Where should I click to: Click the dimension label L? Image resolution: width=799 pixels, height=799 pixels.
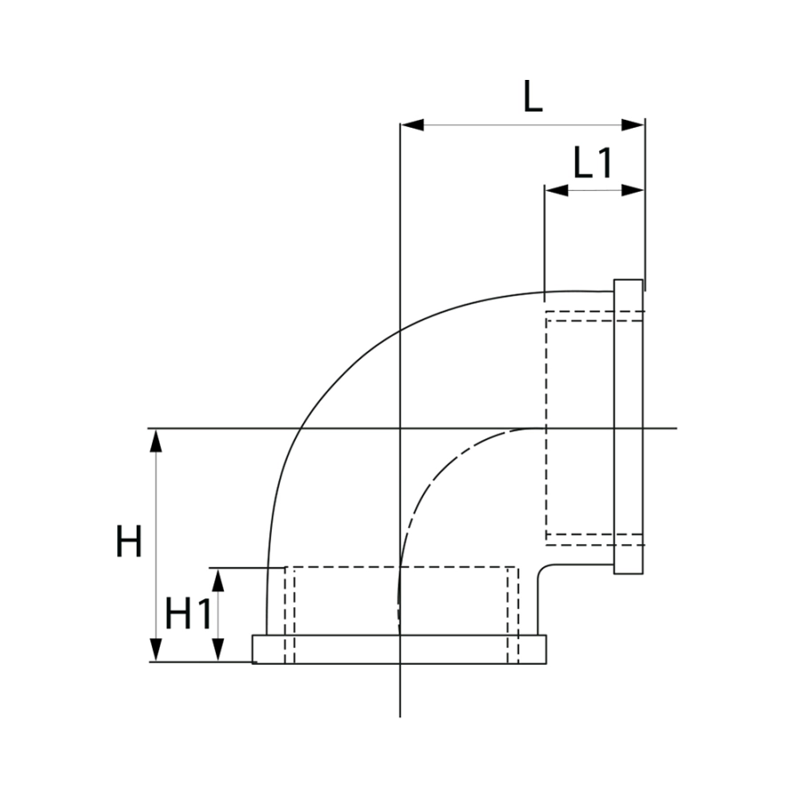[x=533, y=96]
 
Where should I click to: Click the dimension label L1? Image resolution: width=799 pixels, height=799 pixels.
[x=592, y=162]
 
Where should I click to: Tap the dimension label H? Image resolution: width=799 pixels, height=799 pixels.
[x=129, y=542]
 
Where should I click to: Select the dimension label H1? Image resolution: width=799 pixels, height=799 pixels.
[x=187, y=613]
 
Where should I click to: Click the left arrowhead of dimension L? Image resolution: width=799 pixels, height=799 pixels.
[x=412, y=124]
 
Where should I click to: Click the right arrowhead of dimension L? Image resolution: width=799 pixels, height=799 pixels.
[x=633, y=124]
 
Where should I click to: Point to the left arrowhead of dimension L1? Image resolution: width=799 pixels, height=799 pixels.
[x=557, y=191]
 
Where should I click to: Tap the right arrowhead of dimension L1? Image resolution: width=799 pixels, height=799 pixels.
[x=633, y=191]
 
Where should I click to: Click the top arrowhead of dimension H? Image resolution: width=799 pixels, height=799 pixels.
[x=156, y=440]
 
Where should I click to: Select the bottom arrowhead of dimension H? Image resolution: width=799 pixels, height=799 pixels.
[x=156, y=650]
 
